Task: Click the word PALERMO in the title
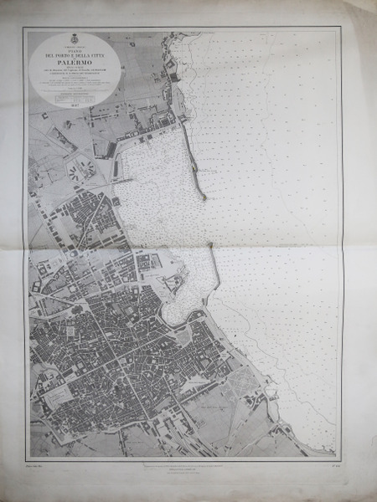[74, 62]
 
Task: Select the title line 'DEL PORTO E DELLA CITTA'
[74, 54]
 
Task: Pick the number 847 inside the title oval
[74, 105]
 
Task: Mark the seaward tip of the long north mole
[203, 197]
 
